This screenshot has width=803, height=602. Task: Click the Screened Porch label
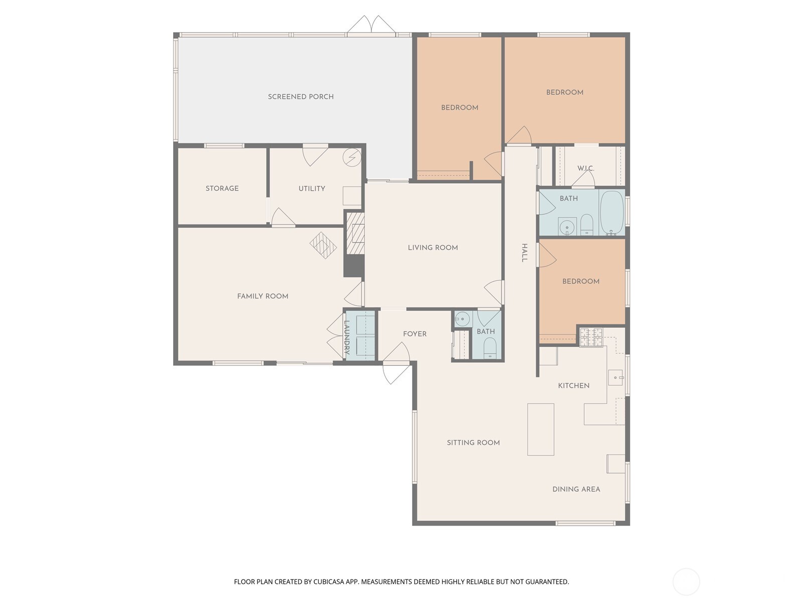click(301, 97)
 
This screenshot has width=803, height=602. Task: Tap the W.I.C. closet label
click(585, 168)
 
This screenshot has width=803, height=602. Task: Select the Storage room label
click(222, 189)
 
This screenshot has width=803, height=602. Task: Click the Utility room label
click(312, 189)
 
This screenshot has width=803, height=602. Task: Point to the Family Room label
click(262, 296)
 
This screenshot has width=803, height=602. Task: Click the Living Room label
click(433, 248)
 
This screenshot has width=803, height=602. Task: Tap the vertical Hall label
click(524, 253)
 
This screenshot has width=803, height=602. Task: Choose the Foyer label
click(415, 334)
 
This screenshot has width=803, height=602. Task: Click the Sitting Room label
click(473, 443)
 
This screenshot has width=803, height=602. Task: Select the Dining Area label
click(576, 490)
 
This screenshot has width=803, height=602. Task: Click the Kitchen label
click(574, 386)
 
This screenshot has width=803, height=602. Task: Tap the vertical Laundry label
click(347, 338)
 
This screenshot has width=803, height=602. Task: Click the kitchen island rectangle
click(541, 429)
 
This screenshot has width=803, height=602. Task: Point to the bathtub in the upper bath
click(611, 213)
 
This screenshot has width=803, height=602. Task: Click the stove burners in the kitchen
click(591, 337)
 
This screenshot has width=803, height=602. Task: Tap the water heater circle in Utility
click(352, 158)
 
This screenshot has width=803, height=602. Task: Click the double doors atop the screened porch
click(372, 26)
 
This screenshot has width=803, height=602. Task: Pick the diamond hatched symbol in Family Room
click(323, 245)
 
